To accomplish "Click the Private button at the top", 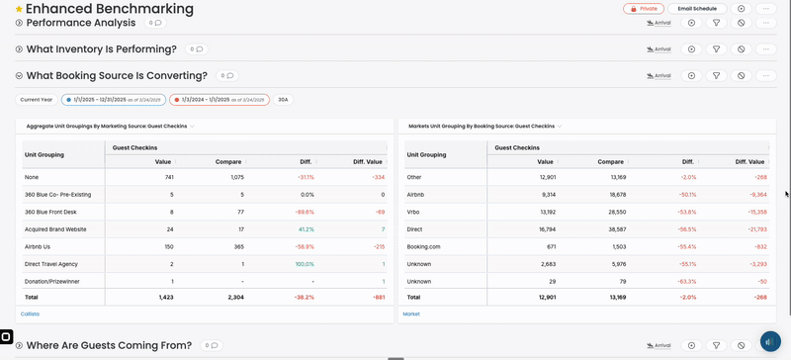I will coord(644,8).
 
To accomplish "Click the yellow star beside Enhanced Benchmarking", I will coord(19,9).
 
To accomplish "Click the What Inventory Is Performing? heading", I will coord(101,48).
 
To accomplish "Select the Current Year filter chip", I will coord(37,99).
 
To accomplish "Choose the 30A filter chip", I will coord(283,99).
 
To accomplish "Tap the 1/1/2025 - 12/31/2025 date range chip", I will coord(113,99).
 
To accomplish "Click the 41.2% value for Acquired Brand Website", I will coord(306,228).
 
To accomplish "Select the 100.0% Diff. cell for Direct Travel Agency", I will coord(305,264).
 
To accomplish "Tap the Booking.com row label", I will coord(423,246).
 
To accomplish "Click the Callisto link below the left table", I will coord(30,314).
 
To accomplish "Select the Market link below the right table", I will coord(410,314).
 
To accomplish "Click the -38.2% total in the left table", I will coord(304,297).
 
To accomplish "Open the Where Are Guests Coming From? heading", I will coord(109,345).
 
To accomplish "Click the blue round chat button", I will coord(770,341).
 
